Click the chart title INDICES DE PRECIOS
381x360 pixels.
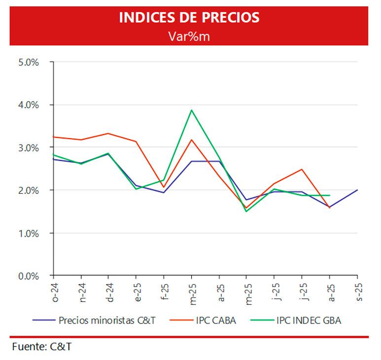pyautogui.click(x=189, y=17)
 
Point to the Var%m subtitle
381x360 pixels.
pyautogui.click(x=189, y=36)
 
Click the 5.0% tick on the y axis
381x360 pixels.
pyautogui.click(x=29, y=62)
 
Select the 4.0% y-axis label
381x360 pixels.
pyautogui.click(x=29, y=105)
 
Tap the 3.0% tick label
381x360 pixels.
pyautogui.click(x=29, y=147)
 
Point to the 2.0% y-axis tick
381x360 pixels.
pyautogui.click(x=29, y=190)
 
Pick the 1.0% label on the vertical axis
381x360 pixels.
pyautogui.click(x=29, y=233)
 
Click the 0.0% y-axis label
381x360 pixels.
pyautogui.click(x=29, y=276)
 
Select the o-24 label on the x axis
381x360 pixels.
pyautogui.click(x=55, y=292)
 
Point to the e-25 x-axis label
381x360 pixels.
pyautogui.click(x=138, y=292)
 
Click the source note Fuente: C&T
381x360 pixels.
pyautogui.click(x=42, y=347)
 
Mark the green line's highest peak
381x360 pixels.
pyautogui.click(x=191, y=110)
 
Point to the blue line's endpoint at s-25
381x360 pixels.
pyautogui.click(x=357, y=190)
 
